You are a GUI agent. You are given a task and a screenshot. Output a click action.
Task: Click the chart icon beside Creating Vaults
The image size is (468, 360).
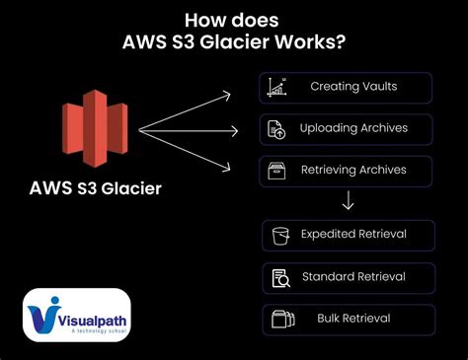276,87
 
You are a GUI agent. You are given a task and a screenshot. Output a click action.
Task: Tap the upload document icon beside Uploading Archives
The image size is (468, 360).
276,128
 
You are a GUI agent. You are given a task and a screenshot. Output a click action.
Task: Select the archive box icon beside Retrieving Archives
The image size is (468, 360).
276,171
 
